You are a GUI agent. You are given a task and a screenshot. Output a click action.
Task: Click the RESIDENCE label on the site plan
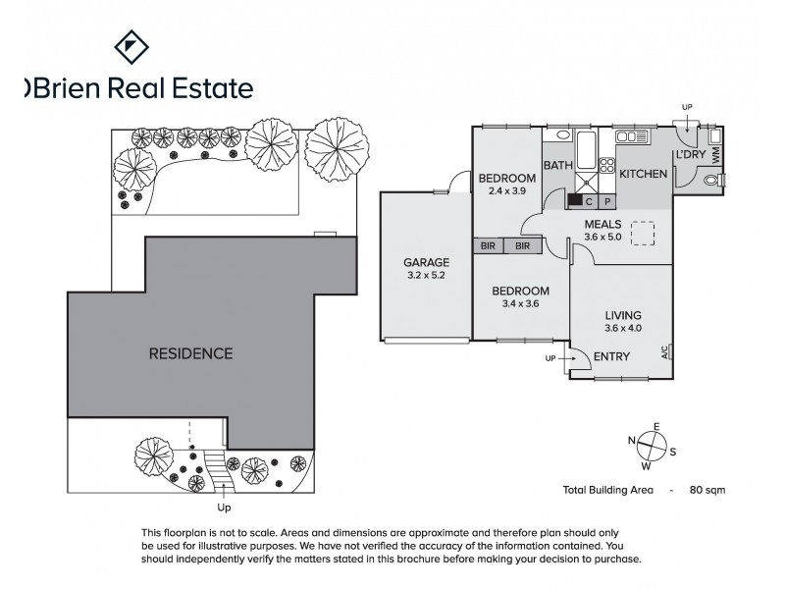coord(190,353)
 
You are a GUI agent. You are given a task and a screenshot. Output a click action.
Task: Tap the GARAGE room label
coord(426,262)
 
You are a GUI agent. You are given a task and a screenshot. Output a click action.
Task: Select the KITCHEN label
coord(643,174)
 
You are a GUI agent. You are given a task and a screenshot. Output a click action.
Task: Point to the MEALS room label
coord(602,224)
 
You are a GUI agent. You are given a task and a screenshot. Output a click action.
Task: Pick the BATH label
coord(557,166)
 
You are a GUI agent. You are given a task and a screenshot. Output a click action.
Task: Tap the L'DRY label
coord(689,156)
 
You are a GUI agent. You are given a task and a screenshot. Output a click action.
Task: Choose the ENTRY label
coord(612,356)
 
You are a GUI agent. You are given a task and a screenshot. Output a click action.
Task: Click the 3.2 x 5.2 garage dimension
coord(426,276)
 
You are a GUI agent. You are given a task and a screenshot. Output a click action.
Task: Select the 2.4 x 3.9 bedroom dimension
coord(507,190)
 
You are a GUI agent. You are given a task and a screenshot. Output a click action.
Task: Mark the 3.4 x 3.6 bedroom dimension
coord(519,304)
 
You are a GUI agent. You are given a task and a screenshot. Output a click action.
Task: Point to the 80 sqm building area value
coord(707,489)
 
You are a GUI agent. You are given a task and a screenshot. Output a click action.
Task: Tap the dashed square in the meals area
coord(642,234)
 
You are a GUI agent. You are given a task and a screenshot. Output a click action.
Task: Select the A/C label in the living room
coord(665,350)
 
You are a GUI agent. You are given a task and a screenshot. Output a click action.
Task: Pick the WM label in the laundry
coord(716,155)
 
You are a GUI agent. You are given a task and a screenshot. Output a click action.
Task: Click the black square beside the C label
coord(574,201)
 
